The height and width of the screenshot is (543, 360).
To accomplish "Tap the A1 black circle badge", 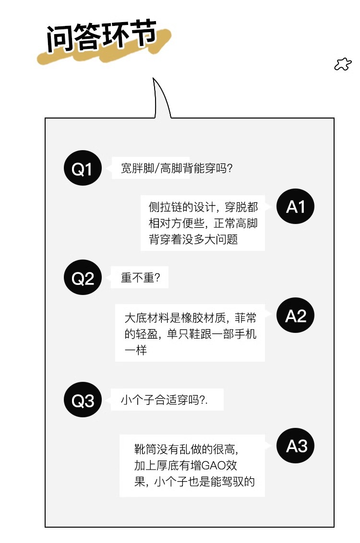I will coord(296,207).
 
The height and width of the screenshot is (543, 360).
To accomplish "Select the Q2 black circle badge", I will coord(83,278).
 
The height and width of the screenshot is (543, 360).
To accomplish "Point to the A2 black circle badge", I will coord(296,316).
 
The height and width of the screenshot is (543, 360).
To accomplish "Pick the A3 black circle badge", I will coord(296,446).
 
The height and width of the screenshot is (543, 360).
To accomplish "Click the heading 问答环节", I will coord(102,37).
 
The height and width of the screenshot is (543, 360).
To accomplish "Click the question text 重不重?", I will coord(140,278).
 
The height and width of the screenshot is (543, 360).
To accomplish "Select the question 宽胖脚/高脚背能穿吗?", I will coord(177,168).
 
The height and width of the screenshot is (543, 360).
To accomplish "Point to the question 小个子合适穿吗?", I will coord(164,400).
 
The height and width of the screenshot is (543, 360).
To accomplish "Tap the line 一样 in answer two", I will coord(135,350).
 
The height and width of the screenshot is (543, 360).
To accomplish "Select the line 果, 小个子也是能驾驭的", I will coord(194,481).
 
